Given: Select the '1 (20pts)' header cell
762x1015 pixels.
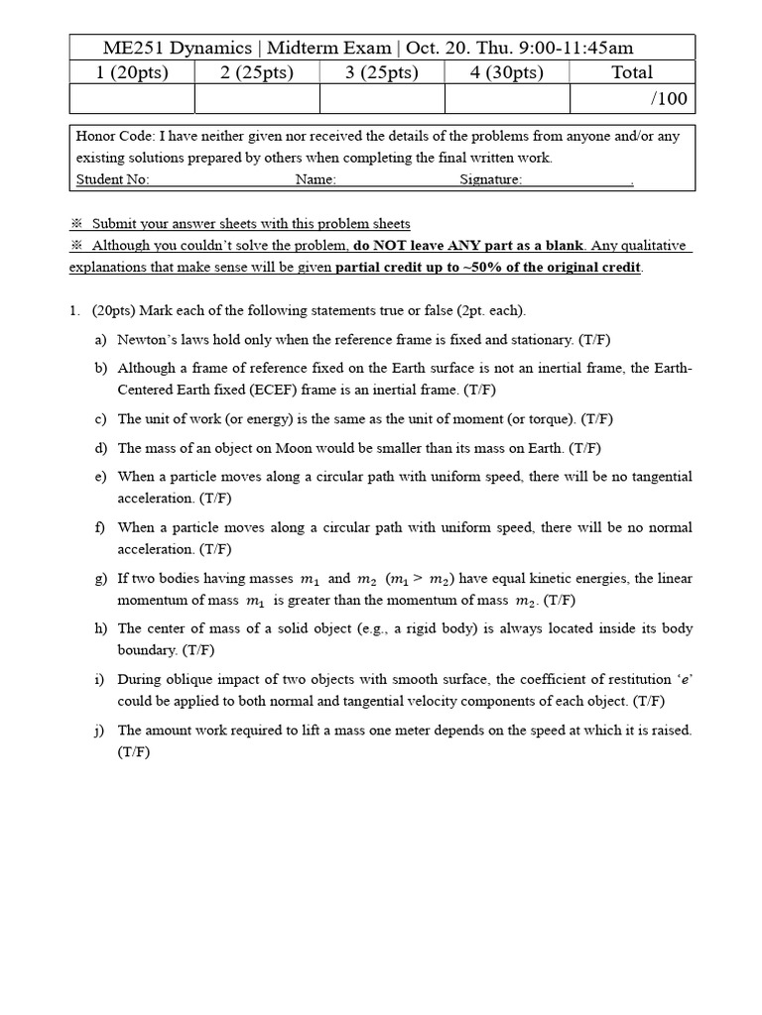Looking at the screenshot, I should [132, 72].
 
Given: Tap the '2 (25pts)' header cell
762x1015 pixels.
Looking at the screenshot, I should [257, 72].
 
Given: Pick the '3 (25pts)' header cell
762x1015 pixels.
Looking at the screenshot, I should [382, 72].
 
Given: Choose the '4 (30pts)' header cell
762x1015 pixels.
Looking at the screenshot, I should [507, 72].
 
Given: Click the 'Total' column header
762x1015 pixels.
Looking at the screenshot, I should [632, 72].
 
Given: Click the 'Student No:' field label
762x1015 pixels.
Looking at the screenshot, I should [112, 179].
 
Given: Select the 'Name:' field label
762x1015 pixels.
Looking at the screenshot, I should [316, 179].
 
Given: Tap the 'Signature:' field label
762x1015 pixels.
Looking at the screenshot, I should [490, 179].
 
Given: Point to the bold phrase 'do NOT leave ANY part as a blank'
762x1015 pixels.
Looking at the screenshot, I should [468, 246].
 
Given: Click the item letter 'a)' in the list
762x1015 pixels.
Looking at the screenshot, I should [101, 340].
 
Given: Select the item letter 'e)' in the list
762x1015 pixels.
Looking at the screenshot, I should [101, 477].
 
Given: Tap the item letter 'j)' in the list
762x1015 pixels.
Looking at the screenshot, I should [101, 731].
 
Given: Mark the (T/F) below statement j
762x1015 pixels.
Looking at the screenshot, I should [134, 752].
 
